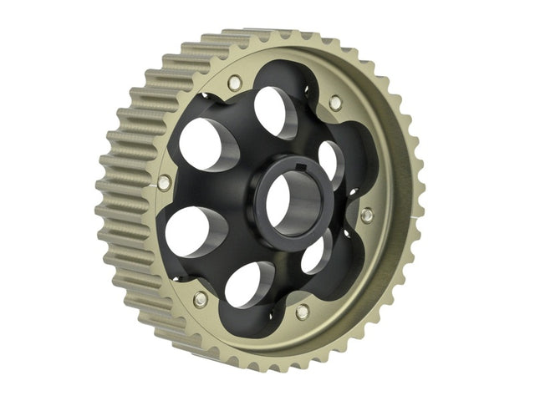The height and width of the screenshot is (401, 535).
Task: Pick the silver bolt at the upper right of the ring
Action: tap(335, 102)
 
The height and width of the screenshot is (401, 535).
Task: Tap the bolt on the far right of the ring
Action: tap(366, 215)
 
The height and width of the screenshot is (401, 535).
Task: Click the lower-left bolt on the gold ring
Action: tap(200, 298)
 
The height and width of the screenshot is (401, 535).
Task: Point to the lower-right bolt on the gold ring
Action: tap(302, 312)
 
